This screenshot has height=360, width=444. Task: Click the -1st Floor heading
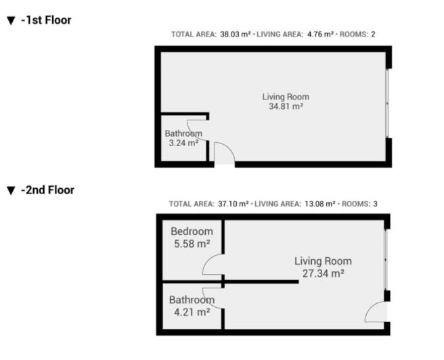point(45,20)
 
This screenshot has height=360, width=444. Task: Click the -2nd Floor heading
point(47,190)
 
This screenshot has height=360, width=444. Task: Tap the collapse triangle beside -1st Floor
point(10,21)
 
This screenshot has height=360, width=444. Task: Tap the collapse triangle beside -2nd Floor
point(10,191)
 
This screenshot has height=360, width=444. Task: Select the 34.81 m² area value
point(286,106)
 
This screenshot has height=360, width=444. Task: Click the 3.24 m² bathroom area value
point(183,143)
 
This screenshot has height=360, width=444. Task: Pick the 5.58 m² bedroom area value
point(190,244)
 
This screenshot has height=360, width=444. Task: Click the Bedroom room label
point(191,231)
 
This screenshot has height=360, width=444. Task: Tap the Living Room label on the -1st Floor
point(286,97)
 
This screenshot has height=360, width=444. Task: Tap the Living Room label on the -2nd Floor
point(323,261)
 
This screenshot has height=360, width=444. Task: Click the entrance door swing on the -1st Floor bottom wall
point(225,154)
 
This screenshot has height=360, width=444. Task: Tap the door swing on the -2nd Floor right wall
point(376,311)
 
